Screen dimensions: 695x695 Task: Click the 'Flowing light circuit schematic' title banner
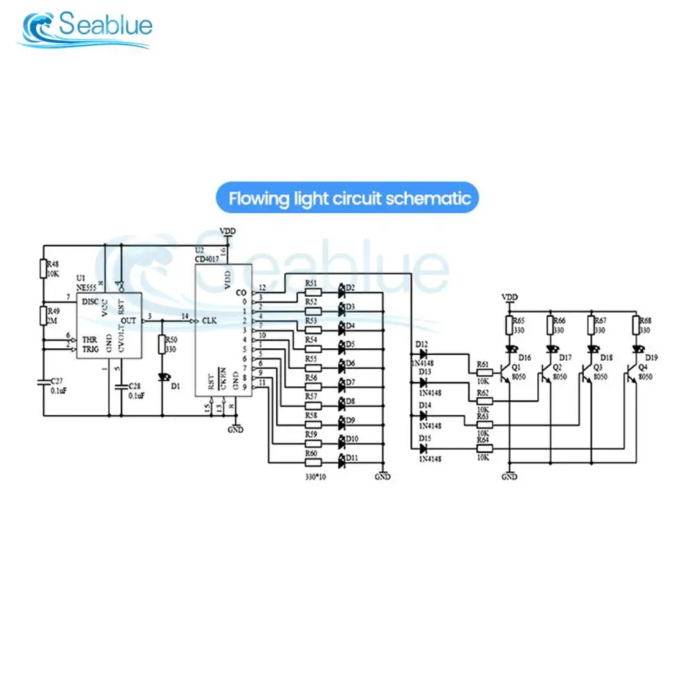[x=348, y=199]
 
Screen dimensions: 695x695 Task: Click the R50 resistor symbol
[x=163, y=344]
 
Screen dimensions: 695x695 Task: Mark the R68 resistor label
[x=645, y=321]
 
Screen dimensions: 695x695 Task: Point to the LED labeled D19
[x=637, y=349]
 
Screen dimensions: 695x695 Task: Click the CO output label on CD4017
[x=240, y=292]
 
